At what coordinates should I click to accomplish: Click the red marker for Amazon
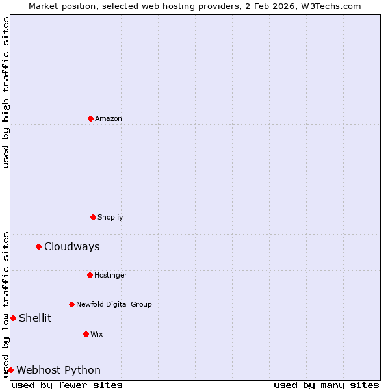(x=90, y=118)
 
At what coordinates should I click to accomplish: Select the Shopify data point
(x=93, y=217)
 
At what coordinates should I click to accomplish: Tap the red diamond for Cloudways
(x=38, y=246)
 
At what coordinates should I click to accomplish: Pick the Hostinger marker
(x=90, y=275)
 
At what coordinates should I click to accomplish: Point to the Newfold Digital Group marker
(x=71, y=304)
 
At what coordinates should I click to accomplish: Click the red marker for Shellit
(x=13, y=318)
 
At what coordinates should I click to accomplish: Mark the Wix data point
(x=86, y=334)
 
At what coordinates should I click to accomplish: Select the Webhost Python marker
(x=10, y=370)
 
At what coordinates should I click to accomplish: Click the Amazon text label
(x=109, y=118)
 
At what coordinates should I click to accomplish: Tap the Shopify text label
(x=110, y=217)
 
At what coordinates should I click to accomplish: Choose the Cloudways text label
(x=71, y=246)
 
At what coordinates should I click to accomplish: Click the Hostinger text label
(x=110, y=275)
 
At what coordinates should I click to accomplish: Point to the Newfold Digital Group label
(x=114, y=304)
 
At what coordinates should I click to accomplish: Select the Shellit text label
(x=35, y=318)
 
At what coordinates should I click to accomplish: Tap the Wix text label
(x=96, y=334)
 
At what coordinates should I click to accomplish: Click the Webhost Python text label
(x=58, y=370)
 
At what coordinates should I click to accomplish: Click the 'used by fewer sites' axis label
(x=67, y=385)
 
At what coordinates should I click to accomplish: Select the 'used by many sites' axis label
(x=326, y=385)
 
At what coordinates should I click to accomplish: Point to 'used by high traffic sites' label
(x=6, y=92)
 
